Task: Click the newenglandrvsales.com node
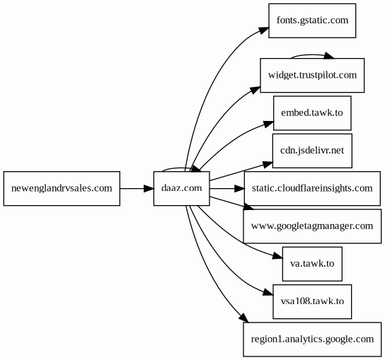[x=62, y=188]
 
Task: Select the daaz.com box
[x=182, y=188]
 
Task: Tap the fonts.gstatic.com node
[x=312, y=21]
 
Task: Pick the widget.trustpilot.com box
[x=312, y=76]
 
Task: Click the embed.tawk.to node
[x=312, y=113]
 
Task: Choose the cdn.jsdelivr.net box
[x=312, y=151]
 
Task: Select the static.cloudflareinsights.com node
[x=312, y=188]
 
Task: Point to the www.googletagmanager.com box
[x=312, y=226]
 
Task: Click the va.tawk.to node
[x=312, y=264]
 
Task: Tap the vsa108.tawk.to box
[x=312, y=302]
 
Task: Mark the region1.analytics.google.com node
[x=312, y=339]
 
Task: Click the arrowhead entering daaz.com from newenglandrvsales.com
[x=149, y=188]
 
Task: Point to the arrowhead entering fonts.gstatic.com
[x=264, y=30]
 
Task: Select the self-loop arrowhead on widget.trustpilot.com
[x=329, y=56]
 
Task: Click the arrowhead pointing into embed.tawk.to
[x=269, y=124]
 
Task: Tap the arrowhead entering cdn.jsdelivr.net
[x=268, y=164]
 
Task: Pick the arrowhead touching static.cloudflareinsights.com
[x=239, y=188]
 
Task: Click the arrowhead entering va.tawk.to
[x=277, y=256]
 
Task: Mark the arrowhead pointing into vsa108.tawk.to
[x=268, y=292]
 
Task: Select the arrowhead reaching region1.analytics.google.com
[x=245, y=318]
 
